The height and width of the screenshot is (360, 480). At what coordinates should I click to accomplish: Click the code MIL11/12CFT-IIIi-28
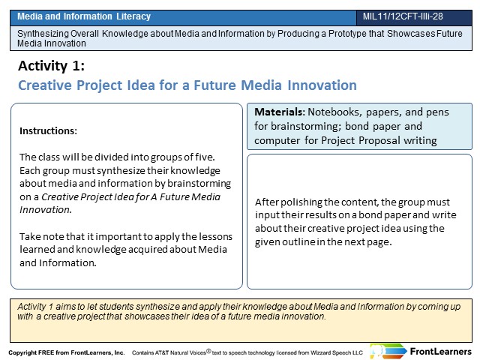tap(403, 16)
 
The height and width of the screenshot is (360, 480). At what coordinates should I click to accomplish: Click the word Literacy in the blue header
tap(133, 16)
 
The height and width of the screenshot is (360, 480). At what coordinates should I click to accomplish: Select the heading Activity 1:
tap(51, 66)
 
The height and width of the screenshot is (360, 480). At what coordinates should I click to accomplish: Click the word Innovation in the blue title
tap(322, 85)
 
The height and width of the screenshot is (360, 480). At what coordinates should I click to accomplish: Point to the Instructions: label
tap(48, 130)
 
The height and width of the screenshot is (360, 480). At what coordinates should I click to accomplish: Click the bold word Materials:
tap(280, 112)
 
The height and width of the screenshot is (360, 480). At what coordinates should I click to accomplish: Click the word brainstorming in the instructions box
tap(199, 183)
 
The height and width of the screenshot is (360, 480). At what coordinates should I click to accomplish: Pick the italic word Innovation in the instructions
tap(45, 210)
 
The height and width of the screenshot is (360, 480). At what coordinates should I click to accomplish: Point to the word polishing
tap(301, 202)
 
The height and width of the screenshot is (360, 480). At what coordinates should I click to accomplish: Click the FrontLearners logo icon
tap(388, 351)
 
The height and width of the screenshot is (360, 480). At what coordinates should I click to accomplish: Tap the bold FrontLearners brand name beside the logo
tap(441, 352)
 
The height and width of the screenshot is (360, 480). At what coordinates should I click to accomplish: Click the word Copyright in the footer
tap(22, 352)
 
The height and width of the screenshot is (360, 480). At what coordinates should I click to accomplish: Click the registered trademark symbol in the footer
tap(208, 351)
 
